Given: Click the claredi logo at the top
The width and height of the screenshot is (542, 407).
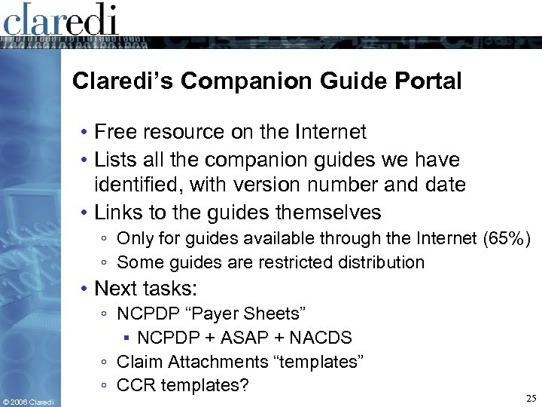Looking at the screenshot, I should click(60, 20).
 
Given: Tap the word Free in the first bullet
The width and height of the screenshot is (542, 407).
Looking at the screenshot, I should click(114, 133).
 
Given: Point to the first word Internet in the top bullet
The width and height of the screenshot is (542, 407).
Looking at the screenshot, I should click(331, 133).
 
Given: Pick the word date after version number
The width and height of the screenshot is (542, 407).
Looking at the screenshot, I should click(445, 184).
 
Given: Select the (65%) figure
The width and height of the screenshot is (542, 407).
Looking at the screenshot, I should click(507, 240).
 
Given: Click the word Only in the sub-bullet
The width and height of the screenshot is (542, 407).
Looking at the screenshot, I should click(135, 240).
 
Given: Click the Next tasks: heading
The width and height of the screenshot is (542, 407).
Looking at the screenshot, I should click(144, 288).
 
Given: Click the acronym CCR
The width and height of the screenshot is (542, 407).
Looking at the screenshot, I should click(135, 385).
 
